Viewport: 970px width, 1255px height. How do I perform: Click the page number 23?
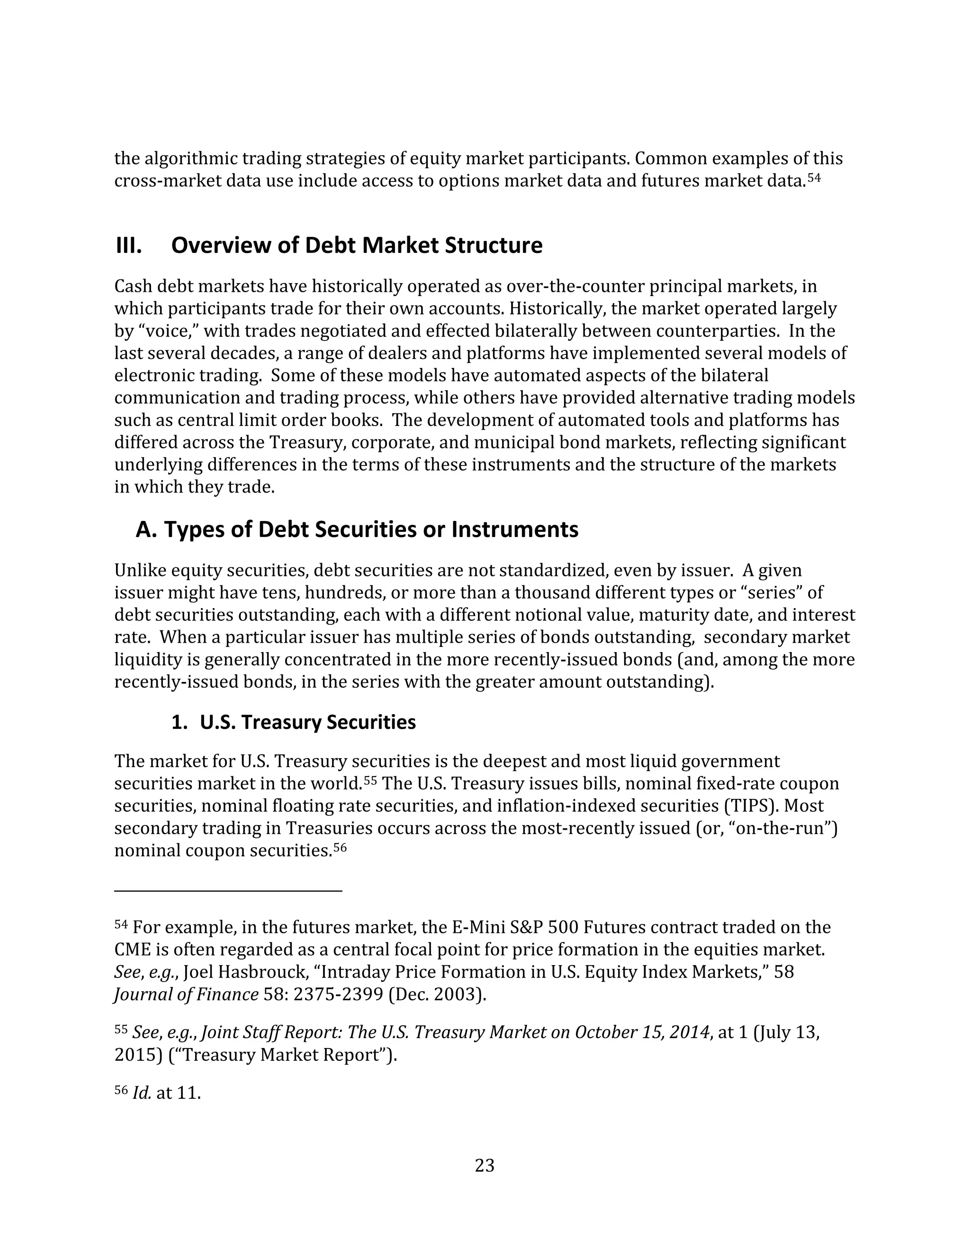click(485, 1165)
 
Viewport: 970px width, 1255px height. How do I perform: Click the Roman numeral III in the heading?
click(129, 245)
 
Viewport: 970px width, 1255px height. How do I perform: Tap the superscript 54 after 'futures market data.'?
click(814, 178)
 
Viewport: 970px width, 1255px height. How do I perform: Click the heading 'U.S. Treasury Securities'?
click(307, 722)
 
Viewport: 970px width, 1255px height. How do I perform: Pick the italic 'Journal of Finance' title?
click(186, 994)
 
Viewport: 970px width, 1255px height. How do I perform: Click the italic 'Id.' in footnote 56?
click(141, 1093)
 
